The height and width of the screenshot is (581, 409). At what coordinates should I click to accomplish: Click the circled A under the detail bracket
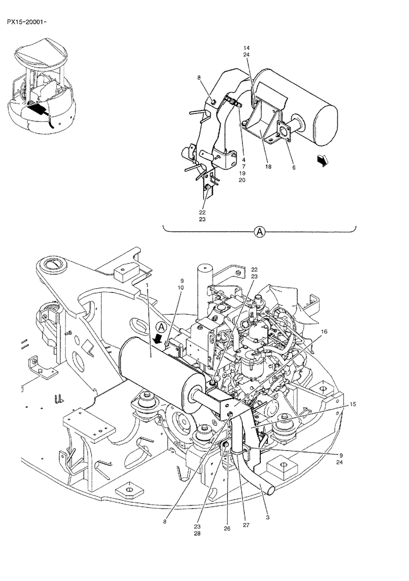pos(259,232)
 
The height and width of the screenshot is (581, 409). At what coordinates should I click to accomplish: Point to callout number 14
pos(246,48)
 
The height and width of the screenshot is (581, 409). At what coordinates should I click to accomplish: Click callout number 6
pos(294,167)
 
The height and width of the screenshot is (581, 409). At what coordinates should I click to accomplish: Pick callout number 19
pos(242,173)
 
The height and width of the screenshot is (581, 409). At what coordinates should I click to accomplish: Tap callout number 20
pos(242,180)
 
